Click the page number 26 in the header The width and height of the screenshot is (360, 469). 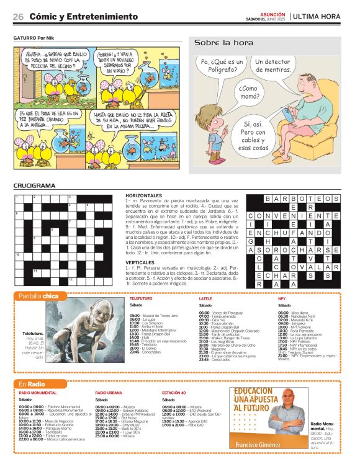(x=19, y=17)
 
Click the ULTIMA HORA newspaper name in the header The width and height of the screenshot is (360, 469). (x=317, y=16)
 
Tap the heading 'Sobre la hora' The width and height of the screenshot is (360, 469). (x=223, y=43)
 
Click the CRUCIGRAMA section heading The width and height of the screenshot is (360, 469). (x=35, y=186)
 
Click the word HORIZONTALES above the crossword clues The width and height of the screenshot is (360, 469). (x=143, y=195)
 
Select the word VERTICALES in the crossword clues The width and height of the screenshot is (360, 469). (x=140, y=262)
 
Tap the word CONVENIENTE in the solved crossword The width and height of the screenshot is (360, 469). (x=294, y=216)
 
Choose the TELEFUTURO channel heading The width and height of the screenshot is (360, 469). (x=141, y=299)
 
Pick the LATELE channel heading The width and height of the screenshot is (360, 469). (x=205, y=299)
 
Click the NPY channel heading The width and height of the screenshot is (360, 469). (x=282, y=299)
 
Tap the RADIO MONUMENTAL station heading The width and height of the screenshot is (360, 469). (x=38, y=393)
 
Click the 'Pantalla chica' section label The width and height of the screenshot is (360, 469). (x=38, y=296)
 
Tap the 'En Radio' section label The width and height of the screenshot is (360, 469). (x=31, y=385)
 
